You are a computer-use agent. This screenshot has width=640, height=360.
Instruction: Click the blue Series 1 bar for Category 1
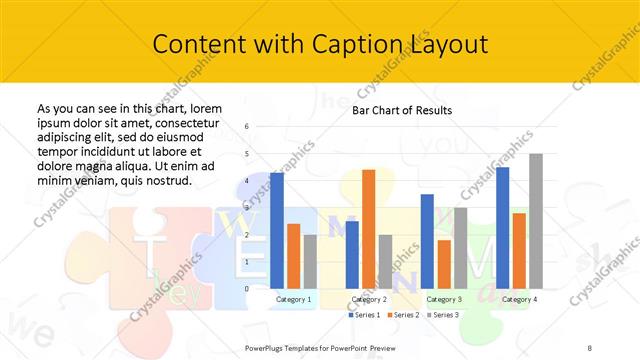click(x=277, y=230)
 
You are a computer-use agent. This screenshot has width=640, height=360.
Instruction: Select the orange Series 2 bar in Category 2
click(x=368, y=229)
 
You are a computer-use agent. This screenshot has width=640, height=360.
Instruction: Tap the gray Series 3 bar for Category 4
click(x=536, y=221)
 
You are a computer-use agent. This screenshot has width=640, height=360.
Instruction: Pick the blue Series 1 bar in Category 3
click(x=427, y=241)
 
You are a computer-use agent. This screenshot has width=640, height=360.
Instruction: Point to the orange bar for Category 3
click(x=444, y=264)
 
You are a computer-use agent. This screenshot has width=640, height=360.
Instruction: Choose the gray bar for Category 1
click(x=310, y=261)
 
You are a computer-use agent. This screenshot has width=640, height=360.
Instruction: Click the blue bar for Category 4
click(x=502, y=228)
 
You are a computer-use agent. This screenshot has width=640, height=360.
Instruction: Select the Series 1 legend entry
click(x=366, y=315)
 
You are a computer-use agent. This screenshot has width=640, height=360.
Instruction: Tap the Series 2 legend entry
click(x=404, y=315)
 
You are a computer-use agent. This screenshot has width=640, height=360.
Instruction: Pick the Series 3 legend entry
click(x=442, y=315)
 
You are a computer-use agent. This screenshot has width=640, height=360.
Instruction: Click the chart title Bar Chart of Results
click(x=401, y=110)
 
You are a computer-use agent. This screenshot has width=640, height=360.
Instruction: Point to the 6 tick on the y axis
click(x=246, y=127)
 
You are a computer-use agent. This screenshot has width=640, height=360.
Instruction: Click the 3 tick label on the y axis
click(x=246, y=208)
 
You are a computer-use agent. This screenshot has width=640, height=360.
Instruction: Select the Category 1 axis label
click(x=293, y=299)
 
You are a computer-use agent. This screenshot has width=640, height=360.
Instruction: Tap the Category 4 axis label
click(x=519, y=299)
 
